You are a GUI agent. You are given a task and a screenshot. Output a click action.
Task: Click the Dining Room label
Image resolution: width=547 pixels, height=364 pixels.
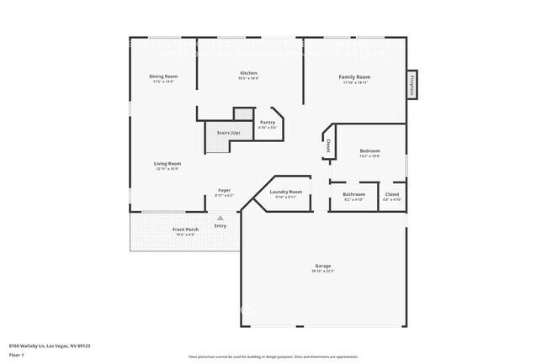[164, 76]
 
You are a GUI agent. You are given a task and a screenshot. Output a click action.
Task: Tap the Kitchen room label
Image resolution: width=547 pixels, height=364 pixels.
[248, 73]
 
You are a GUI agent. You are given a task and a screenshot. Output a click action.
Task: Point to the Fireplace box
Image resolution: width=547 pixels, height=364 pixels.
[412, 85]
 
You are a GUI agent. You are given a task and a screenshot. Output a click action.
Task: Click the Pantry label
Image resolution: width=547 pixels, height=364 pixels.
[267, 123]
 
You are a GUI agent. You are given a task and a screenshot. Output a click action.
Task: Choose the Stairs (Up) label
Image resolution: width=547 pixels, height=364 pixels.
[229, 133]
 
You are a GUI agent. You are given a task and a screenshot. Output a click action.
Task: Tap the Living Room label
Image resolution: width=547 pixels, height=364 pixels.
[167, 163]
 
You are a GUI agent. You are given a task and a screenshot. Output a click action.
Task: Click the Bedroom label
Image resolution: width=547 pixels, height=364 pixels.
[369, 151]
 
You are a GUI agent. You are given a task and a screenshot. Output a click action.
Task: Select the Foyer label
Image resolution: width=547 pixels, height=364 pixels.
[224, 190]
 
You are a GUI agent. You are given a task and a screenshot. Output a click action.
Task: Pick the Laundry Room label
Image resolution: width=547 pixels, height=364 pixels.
[285, 192]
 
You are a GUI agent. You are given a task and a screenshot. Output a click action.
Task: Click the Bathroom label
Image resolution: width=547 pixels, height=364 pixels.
[354, 194]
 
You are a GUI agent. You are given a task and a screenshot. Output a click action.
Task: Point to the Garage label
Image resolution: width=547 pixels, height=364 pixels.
[323, 266]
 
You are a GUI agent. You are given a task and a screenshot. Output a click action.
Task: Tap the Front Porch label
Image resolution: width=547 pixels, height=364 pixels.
[184, 229]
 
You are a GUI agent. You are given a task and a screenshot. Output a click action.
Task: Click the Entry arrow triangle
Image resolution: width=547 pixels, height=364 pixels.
[220, 218]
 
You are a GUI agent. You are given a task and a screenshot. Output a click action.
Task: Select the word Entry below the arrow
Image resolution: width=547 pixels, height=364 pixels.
[220, 225]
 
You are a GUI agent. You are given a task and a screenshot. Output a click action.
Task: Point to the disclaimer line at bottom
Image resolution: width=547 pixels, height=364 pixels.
[273, 357]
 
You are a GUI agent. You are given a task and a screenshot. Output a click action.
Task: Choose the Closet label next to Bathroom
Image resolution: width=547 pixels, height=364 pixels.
[392, 194]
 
